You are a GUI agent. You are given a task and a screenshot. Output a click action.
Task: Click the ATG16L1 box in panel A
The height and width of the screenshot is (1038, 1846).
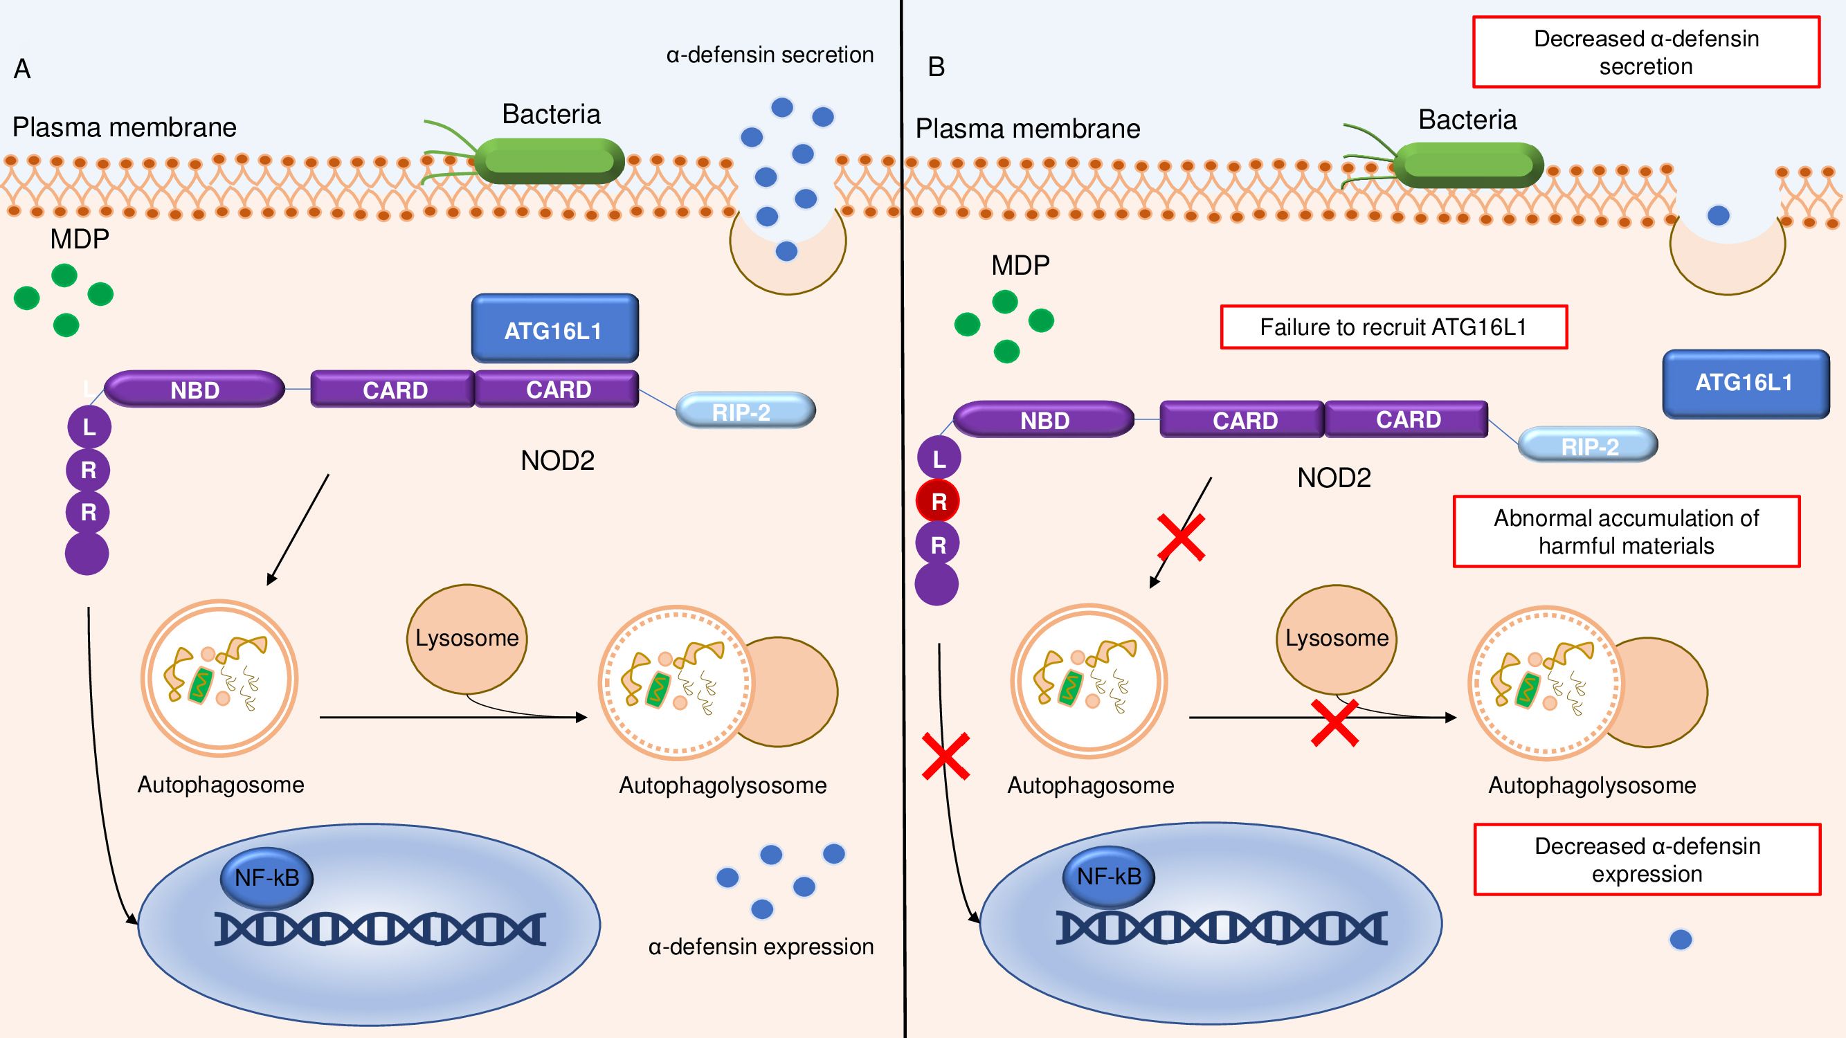point(554,329)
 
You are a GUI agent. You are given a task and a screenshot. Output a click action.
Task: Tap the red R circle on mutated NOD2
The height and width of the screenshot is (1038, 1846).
point(938,502)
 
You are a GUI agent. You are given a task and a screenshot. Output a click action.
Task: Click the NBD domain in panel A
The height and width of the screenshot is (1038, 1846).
point(194,390)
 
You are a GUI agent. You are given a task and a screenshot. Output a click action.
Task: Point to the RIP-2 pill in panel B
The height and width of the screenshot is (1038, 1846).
point(1587,446)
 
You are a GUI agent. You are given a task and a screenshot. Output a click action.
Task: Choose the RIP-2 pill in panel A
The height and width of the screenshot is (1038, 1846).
point(745,411)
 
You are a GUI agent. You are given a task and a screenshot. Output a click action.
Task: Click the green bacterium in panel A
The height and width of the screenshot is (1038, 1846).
point(549,161)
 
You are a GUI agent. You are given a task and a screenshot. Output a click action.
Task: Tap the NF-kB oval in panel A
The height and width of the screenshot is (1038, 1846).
point(266,877)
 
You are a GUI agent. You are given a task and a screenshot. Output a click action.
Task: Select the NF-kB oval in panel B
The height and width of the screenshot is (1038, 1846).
point(1109,876)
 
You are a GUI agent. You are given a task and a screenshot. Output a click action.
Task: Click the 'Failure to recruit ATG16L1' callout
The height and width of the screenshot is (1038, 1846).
point(1394,327)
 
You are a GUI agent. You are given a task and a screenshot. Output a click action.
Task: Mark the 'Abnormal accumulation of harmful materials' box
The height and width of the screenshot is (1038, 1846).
point(1626,531)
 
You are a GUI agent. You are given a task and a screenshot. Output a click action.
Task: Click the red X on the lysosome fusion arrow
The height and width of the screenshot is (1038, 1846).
point(1334,723)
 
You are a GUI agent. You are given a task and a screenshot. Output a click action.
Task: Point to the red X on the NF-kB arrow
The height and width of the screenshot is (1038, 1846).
point(946,756)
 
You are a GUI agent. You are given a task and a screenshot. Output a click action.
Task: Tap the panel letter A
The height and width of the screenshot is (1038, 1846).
point(22,69)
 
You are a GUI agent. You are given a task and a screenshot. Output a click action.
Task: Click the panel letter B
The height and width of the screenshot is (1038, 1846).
point(936,67)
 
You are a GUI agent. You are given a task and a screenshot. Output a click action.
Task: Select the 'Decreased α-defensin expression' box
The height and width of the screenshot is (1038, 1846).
point(1647,859)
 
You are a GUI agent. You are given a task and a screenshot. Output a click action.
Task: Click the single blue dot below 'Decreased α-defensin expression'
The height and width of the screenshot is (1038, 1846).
point(1681,940)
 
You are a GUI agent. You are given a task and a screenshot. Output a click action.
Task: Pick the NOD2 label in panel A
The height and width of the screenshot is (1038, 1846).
point(557,461)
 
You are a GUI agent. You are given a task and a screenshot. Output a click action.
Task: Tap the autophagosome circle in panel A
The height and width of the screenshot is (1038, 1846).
point(219,678)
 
